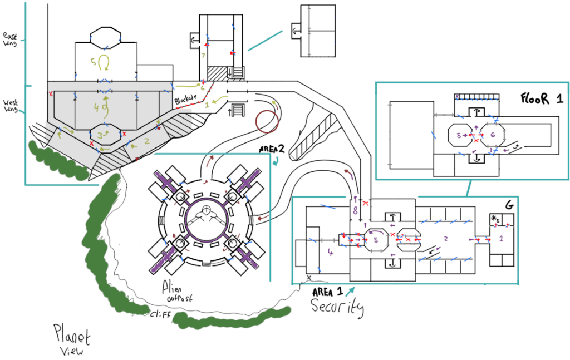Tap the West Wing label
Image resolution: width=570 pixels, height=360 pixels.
11,106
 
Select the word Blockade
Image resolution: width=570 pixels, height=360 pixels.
186,99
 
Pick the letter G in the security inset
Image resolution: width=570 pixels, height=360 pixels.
509,205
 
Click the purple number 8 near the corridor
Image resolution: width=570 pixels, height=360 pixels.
355,210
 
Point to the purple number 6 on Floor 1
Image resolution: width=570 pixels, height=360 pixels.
492,135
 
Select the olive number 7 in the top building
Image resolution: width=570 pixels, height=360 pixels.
204,56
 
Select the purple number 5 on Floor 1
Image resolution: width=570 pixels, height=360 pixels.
459,135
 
